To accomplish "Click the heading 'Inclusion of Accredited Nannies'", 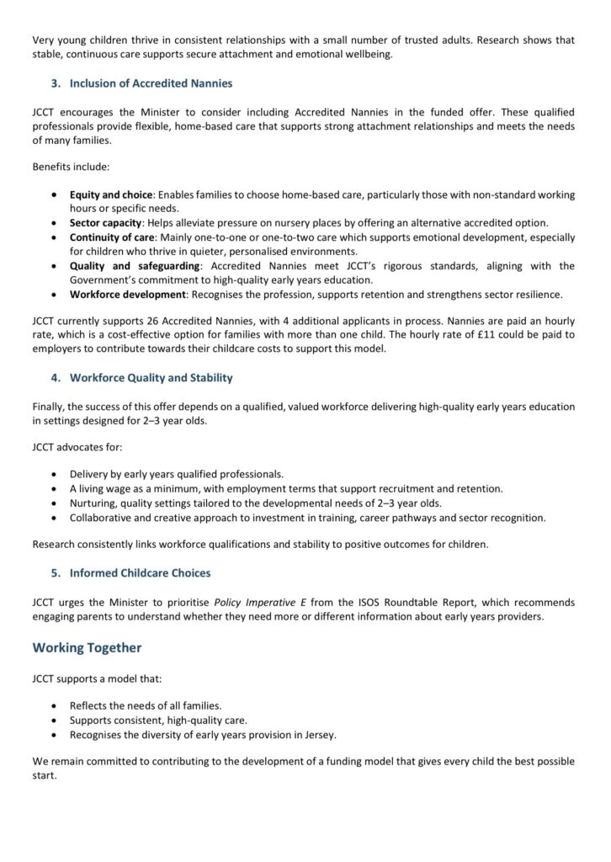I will tap(151, 83).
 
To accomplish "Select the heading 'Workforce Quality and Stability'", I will tap(151, 377).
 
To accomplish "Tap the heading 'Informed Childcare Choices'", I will tap(140, 573).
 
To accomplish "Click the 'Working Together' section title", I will tap(87, 647).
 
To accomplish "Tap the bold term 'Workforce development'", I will tap(125, 295).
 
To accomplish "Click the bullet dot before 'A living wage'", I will tap(55, 488).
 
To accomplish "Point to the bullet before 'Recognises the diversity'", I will tap(55, 734).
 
